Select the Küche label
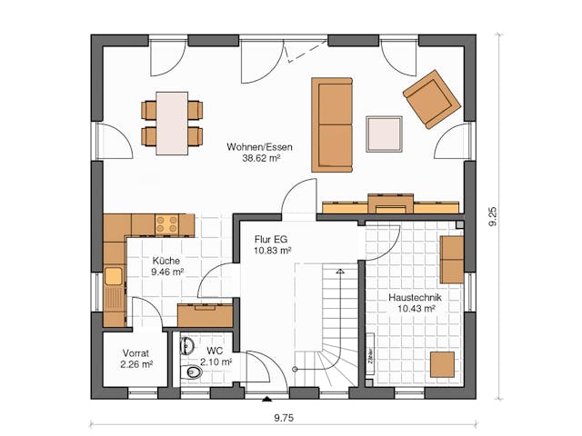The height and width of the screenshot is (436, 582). click(166, 259)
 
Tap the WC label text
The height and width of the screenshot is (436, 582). click(215, 350)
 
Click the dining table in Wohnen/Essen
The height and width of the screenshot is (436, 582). click(172, 122)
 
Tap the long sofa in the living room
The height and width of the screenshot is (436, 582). click(332, 124)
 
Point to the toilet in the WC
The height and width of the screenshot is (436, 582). click(192, 373)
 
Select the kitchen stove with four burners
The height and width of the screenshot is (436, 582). click(167, 223)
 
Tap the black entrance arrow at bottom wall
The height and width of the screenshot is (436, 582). click(266, 399)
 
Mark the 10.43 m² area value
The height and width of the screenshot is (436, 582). click(416, 309)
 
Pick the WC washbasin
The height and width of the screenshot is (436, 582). click(188, 346)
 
